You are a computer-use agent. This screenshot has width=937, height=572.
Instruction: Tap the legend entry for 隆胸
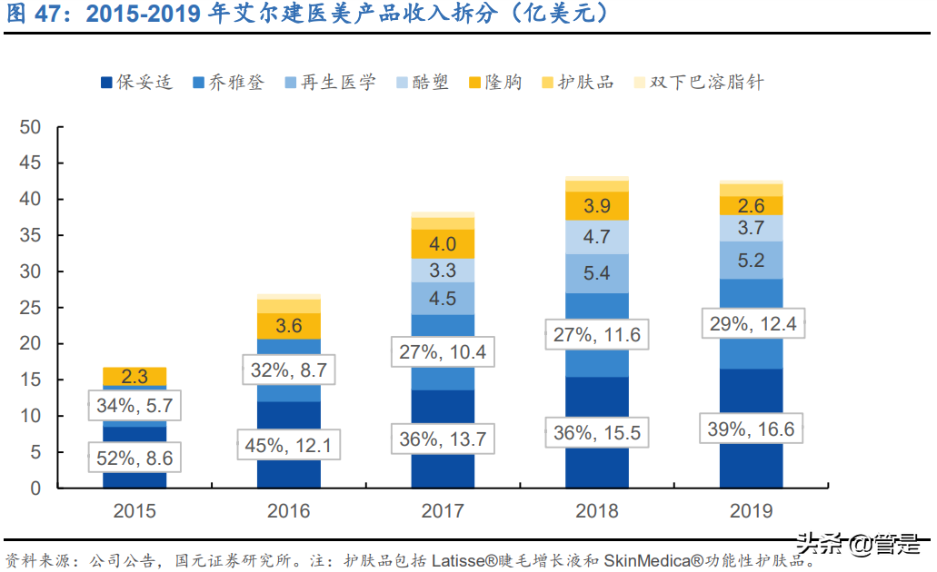pyautogui.click(x=495, y=83)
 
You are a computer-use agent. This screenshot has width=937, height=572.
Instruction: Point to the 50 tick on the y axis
pyautogui.click(x=30, y=127)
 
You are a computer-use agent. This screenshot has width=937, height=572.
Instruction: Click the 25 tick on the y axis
pyautogui.click(x=30, y=308)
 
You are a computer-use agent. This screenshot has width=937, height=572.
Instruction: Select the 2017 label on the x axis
pyautogui.click(x=443, y=511)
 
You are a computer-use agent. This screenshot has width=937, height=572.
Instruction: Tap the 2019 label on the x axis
pyautogui.click(x=751, y=511)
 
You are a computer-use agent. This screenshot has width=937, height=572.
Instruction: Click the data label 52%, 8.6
pyautogui.click(x=135, y=459)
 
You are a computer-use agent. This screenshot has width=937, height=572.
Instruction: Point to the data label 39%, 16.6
pyautogui.click(x=751, y=429)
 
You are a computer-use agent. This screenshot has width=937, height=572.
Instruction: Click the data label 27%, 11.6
pyautogui.click(x=597, y=334)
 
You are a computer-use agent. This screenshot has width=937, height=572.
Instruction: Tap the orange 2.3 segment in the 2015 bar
pyautogui.click(x=135, y=376)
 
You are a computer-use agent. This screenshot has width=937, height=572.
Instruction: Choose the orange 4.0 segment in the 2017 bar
pyautogui.click(x=443, y=243)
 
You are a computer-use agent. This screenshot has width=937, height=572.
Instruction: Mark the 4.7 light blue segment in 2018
pyautogui.click(x=597, y=237)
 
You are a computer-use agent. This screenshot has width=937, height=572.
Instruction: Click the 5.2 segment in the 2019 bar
pyautogui.click(x=751, y=261)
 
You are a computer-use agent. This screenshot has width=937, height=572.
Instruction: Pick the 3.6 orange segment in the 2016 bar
pyautogui.click(x=288, y=325)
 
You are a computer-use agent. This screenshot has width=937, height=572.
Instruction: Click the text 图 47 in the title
pyautogui.click(x=38, y=15)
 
